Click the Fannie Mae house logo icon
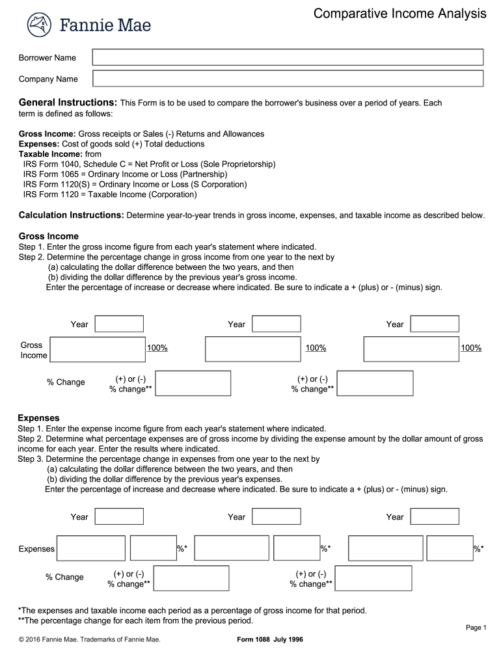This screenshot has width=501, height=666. [39, 25]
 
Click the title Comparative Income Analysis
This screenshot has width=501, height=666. [399, 14]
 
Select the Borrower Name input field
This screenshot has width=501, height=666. [288, 57]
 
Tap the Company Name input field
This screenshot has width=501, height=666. [288, 79]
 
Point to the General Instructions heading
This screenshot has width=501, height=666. [68, 103]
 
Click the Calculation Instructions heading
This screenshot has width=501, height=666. [71, 215]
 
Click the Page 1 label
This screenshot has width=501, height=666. [476, 627]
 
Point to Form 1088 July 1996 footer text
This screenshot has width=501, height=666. [270, 639]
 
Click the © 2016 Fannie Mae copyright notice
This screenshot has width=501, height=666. [90, 639]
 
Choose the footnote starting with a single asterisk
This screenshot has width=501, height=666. [192, 611]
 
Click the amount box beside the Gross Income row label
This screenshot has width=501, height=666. [98, 349]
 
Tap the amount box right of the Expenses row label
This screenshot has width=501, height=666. [90, 548]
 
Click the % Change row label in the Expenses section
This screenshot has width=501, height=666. [64, 577]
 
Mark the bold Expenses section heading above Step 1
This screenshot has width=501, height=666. [38, 418]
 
